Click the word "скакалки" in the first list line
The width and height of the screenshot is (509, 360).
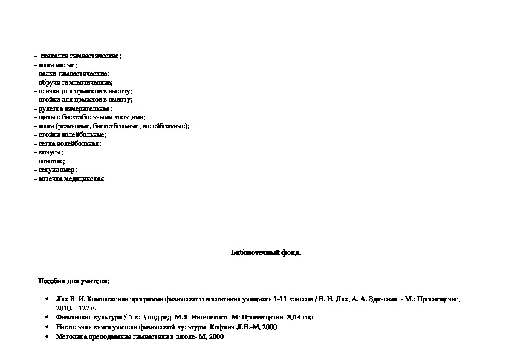54,56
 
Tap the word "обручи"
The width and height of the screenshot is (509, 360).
49,82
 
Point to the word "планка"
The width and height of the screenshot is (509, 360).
49,91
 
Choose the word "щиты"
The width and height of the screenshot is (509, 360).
45,117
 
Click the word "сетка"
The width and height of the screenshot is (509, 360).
46,144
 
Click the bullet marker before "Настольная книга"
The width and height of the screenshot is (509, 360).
47,327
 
